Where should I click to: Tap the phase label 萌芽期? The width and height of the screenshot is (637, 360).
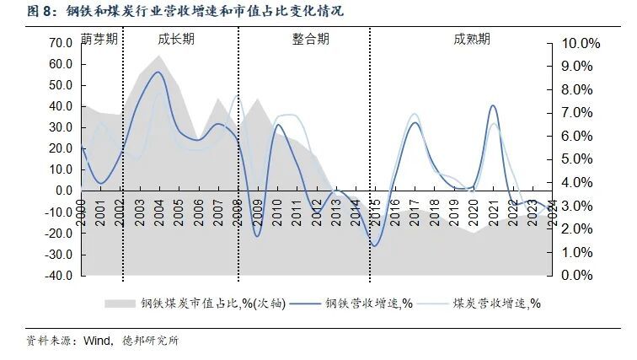pos(99,40)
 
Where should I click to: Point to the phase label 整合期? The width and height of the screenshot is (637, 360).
pos(311,40)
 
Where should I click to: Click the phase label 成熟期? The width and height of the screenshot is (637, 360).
pos(472,40)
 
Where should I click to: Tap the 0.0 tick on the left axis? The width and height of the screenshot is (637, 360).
pos(62,191)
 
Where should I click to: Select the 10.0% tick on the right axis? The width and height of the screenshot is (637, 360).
pos(580,43)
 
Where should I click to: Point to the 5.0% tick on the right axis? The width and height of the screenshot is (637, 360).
pos(582,159)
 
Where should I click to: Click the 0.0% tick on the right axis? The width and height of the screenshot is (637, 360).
pos(582,276)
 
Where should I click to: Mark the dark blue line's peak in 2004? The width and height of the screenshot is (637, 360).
pos(158,72)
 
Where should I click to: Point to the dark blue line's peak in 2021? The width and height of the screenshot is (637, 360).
pos(493,105)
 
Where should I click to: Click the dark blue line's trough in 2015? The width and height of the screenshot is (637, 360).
pos(376,245)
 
